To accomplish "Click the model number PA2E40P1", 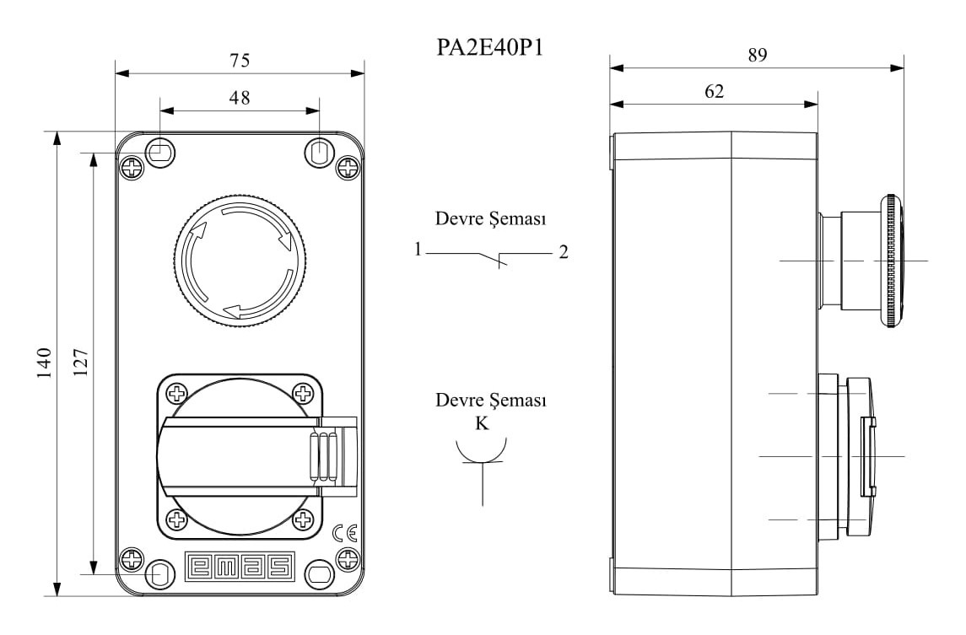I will (x=488, y=47).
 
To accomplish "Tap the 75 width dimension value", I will (x=240, y=60).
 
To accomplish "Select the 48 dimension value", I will (x=240, y=98).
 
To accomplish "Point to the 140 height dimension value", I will (x=44, y=363).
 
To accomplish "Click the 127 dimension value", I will (x=81, y=363).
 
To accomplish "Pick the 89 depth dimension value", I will (x=757, y=56).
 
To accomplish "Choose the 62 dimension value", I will (x=714, y=92).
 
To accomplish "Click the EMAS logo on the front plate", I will (x=240, y=567).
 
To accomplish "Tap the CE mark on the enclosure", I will (x=344, y=533).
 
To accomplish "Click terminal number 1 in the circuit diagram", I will (x=418, y=250).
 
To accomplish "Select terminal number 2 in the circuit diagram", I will (x=563, y=252).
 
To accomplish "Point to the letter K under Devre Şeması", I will (x=482, y=424).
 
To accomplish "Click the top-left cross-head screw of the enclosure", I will (x=132, y=168).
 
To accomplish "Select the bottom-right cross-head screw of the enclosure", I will (x=347, y=557).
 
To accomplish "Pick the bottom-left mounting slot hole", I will (x=159, y=576).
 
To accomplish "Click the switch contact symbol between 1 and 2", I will (x=492, y=257).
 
